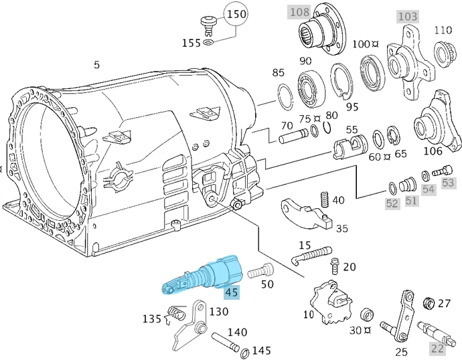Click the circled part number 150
235,13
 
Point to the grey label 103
407,15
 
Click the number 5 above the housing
96,65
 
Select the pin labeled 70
292,140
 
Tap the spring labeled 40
324,199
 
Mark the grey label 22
437,348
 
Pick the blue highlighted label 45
232,292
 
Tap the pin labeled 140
226,341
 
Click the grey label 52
392,202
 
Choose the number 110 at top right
443,29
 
